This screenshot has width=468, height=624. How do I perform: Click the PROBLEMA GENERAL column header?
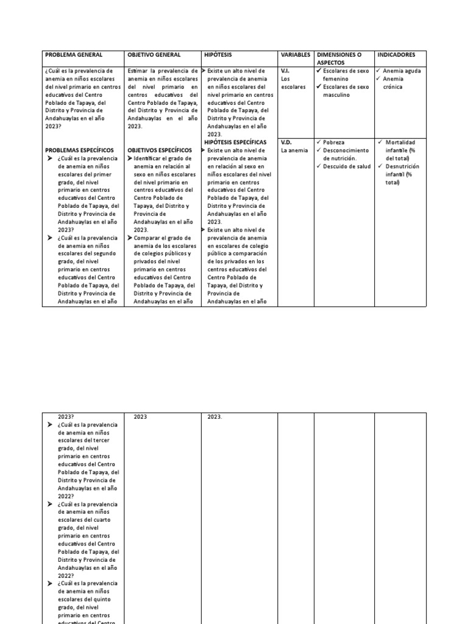(x=74, y=55)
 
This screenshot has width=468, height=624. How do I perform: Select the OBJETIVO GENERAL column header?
(x=154, y=55)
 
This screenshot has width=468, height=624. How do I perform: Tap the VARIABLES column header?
(x=296, y=55)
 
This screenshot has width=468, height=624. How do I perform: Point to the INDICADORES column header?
(x=396, y=55)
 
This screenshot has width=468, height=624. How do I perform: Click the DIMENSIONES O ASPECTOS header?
(x=339, y=58)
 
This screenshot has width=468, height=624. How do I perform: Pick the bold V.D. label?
(x=286, y=142)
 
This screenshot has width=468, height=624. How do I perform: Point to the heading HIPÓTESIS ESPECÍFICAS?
(x=235, y=142)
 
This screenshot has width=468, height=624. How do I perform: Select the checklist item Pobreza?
(x=333, y=142)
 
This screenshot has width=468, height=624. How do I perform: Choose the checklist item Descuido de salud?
(x=347, y=166)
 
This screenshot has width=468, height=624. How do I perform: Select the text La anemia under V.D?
(x=294, y=151)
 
